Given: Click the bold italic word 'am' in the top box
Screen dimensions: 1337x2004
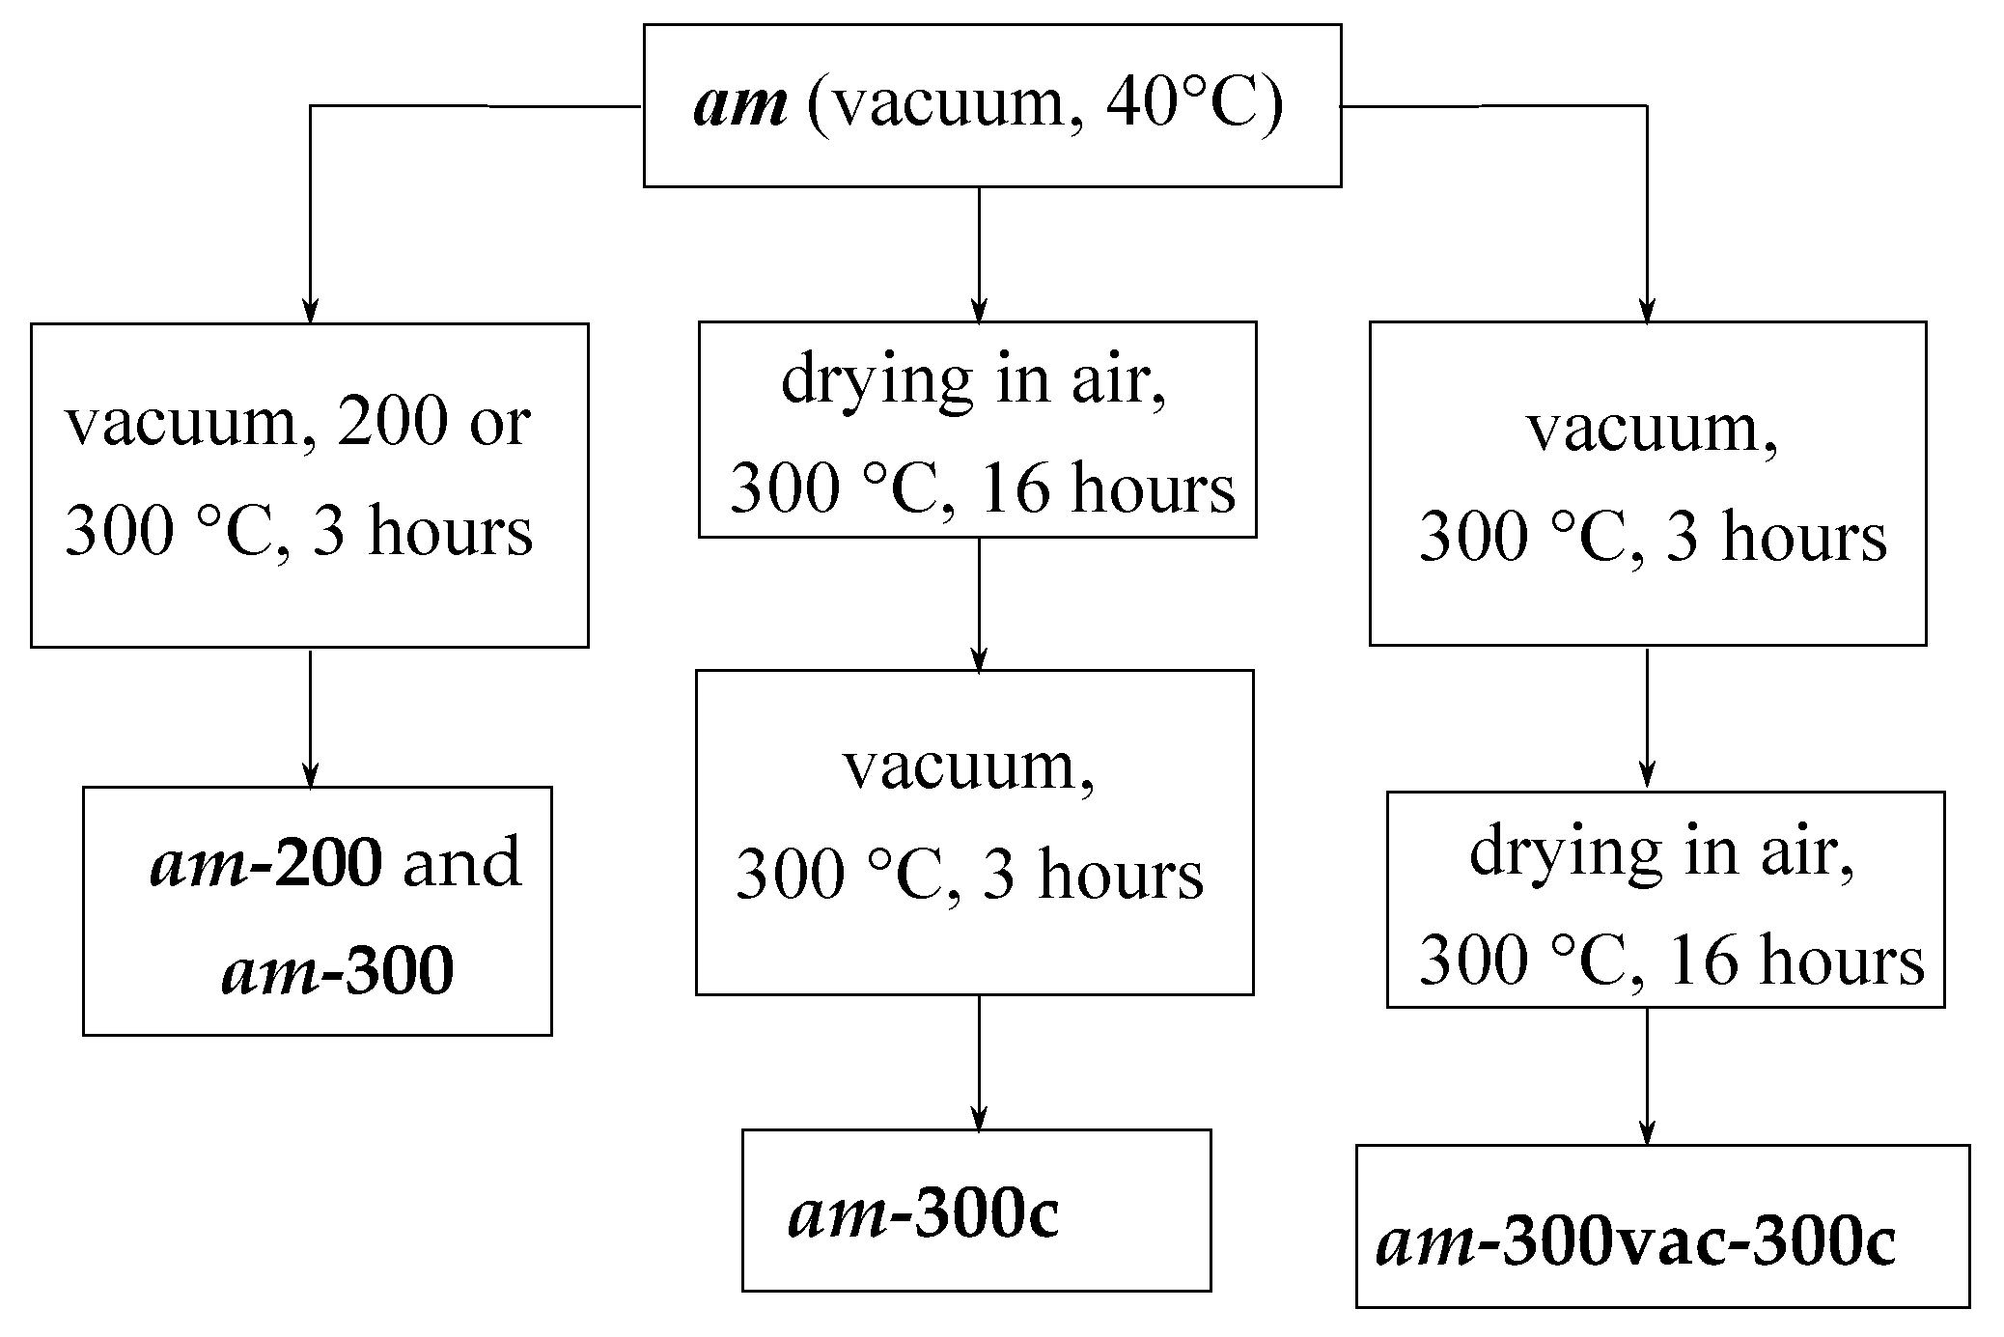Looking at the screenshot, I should (739, 104).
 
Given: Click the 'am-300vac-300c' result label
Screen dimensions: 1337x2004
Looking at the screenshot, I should (1635, 1241).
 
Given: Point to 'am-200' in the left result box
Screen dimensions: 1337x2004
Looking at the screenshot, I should (265, 862).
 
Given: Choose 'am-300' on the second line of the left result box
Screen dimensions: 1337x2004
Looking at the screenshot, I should (337, 970).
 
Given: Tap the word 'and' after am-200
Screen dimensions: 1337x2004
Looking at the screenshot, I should (461, 862).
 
